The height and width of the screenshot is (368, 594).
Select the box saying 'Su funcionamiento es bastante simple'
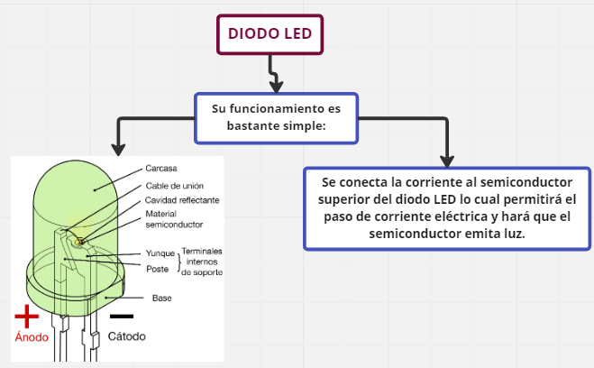[x=276, y=117]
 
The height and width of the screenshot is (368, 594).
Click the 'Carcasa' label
[x=161, y=169]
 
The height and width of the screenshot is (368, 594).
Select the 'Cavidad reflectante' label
[x=183, y=199]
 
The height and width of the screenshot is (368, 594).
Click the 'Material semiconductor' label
[x=173, y=218]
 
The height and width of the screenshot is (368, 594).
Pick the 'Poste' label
[x=156, y=268]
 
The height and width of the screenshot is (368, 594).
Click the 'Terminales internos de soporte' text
[x=202, y=261]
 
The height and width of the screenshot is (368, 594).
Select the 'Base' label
[x=162, y=298]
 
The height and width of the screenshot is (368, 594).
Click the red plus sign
[x=28, y=316]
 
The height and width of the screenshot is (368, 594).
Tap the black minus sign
[x=121, y=317]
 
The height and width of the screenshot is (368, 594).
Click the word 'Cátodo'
[x=126, y=336]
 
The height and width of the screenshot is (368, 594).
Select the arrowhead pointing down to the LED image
[x=114, y=147]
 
